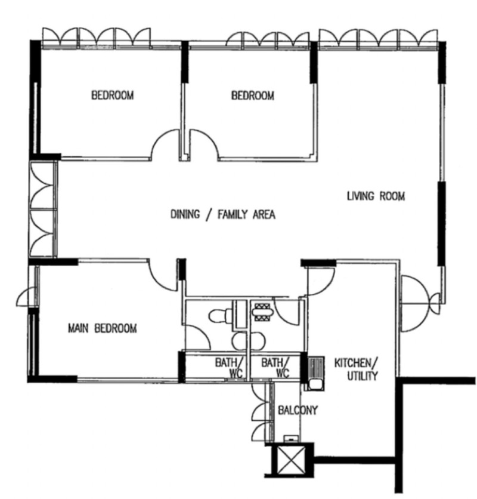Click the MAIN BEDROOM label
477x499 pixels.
coord(103,328)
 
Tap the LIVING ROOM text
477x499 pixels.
coord(376,196)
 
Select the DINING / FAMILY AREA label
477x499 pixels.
coord(223,214)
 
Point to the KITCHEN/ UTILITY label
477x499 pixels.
coord(356,369)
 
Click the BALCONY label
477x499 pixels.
coord(298,410)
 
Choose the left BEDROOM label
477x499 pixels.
coord(113,95)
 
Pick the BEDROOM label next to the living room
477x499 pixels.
coord(252,96)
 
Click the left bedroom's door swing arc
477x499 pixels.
coord(165,144)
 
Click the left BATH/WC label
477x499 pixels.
coord(229,368)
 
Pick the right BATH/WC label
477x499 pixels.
coord(275,368)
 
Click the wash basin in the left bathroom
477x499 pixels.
coord(239,341)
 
